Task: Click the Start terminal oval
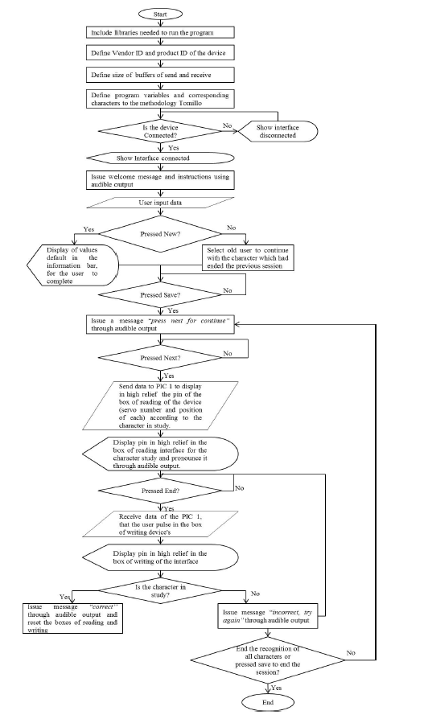tap(161, 14)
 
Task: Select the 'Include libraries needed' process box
tap(160, 33)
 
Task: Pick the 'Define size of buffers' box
tap(160, 75)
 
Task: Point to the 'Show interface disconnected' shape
tap(276, 131)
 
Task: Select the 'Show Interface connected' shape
tap(160, 158)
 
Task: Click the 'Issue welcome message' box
tap(160, 179)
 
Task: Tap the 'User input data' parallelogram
tap(160, 203)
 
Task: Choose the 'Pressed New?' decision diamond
tap(160, 234)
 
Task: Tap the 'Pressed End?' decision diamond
tap(160, 488)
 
